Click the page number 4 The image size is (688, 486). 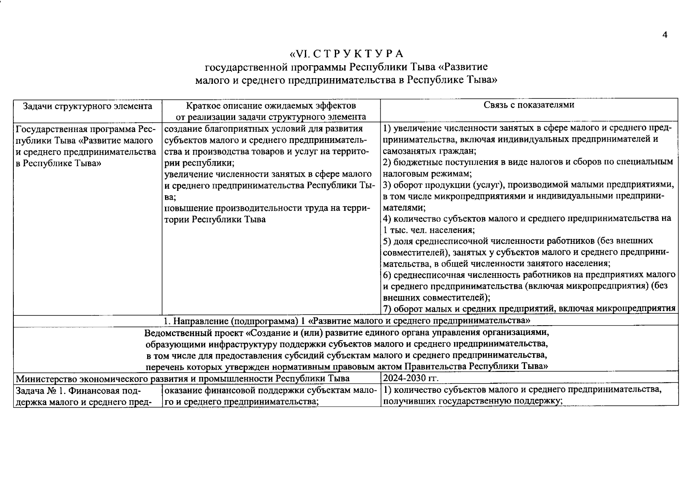(x=664, y=35)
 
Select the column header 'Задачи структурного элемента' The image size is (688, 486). (x=88, y=107)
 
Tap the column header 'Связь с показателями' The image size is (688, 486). (x=529, y=105)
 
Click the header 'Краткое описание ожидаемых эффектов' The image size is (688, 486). (x=271, y=106)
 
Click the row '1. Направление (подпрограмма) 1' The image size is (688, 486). (x=346, y=321)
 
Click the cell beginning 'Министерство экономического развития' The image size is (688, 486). (x=182, y=379)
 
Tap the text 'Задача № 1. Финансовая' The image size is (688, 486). (x=77, y=391)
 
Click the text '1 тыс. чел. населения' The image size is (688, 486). (x=428, y=230)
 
